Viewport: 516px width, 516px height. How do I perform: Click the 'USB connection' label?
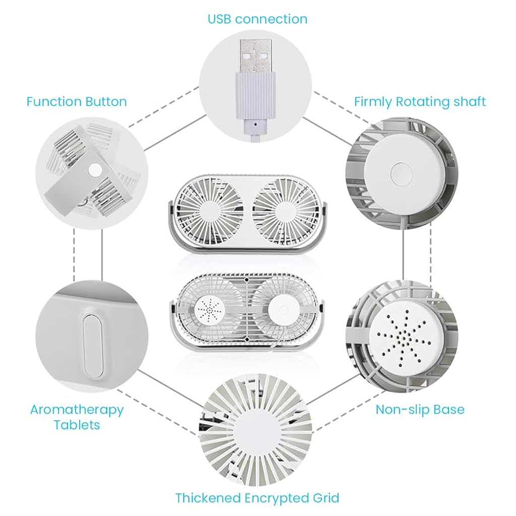point(257,19)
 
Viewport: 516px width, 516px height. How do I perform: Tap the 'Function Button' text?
point(77,102)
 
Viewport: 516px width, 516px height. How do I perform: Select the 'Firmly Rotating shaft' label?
point(420,102)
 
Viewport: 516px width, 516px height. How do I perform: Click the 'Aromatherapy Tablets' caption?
point(77,417)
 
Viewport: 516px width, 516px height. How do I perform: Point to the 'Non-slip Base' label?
point(420,409)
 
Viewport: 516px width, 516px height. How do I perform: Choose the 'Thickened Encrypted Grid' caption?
point(257,498)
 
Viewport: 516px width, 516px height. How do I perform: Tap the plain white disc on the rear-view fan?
point(282,308)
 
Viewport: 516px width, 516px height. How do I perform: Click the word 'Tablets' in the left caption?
point(77,425)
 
